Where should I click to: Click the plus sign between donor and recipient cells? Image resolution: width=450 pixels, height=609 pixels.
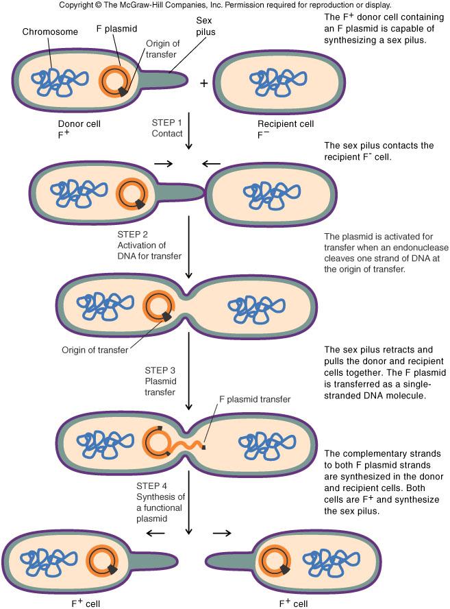point(203,83)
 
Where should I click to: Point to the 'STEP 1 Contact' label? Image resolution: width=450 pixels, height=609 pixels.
point(167,128)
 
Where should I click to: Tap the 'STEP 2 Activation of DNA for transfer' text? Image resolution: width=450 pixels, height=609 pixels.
point(149,244)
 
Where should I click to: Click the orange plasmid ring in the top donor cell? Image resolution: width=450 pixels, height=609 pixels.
point(113,81)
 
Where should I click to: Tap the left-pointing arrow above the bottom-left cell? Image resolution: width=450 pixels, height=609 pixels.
point(157,532)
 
